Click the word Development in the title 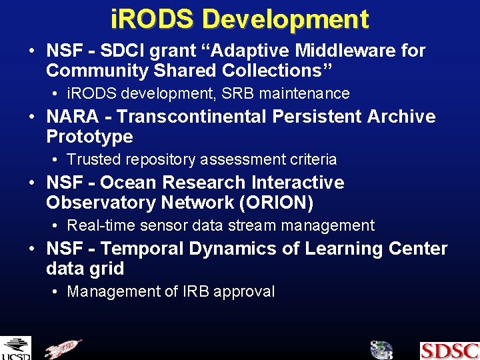285,19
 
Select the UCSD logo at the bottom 15,348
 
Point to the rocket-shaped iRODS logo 63,349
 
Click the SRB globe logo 381,350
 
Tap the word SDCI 123,51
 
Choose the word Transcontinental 193,117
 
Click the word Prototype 89,137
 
